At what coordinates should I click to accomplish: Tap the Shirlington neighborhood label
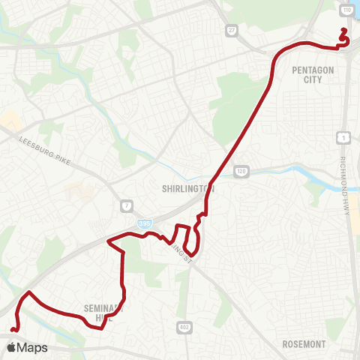[x=188, y=189]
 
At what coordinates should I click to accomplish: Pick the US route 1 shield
[x=342, y=137]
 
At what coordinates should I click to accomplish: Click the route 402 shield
[x=184, y=328]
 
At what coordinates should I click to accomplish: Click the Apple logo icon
[x=11, y=348]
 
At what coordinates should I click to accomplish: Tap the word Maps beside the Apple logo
[x=33, y=348]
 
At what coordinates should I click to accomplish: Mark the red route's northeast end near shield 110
[x=343, y=30]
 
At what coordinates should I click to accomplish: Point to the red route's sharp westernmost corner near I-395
[x=109, y=241]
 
